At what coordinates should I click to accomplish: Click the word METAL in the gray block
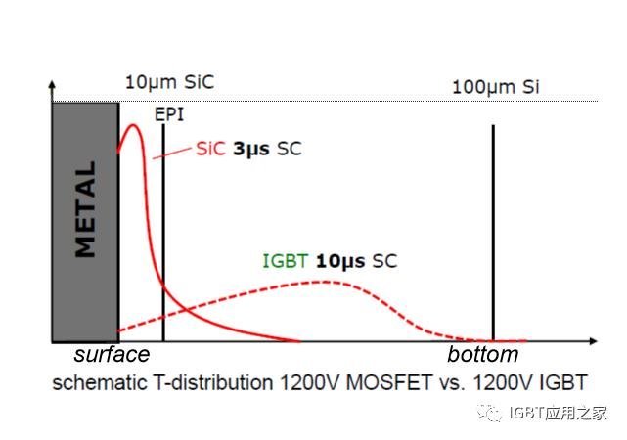[86, 209]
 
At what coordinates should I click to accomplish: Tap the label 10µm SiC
[168, 83]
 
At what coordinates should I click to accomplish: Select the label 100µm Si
[495, 88]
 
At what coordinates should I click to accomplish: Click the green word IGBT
[283, 261]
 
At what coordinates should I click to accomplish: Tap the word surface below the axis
[112, 354]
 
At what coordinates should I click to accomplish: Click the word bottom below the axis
[482, 354]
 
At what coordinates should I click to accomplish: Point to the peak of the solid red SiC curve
[133, 124]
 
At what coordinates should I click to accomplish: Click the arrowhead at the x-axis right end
[594, 342]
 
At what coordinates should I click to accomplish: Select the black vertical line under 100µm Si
[493, 235]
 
